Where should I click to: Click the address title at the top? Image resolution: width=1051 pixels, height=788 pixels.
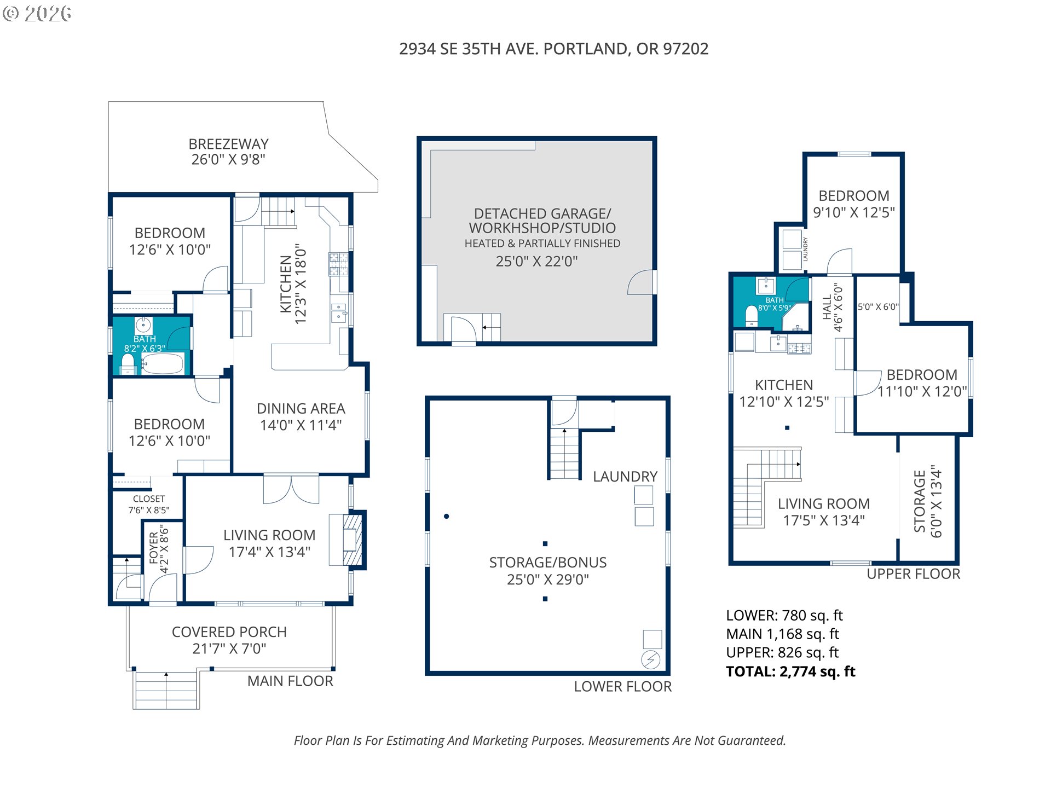[553, 49]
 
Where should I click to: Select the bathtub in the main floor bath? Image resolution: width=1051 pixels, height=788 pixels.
[163, 363]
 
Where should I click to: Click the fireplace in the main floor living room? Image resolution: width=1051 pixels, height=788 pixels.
[352, 540]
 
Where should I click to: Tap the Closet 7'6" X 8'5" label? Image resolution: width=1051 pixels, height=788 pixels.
[149, 505]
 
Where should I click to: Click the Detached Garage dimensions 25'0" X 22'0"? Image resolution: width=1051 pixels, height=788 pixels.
[536, 262]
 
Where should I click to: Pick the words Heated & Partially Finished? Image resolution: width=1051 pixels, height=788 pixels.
[542, 244]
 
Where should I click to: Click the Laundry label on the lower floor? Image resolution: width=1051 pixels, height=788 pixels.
[625, 477]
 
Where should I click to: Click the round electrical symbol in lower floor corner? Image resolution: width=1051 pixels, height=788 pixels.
[650, 659]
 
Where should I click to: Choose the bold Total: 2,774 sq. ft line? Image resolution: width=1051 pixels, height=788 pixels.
[790, 672]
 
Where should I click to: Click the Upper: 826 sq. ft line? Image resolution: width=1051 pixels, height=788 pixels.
[782, 653]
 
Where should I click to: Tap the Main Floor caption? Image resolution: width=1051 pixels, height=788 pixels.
[290, 681]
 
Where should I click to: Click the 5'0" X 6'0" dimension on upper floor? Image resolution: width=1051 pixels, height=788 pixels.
[878, 307]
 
